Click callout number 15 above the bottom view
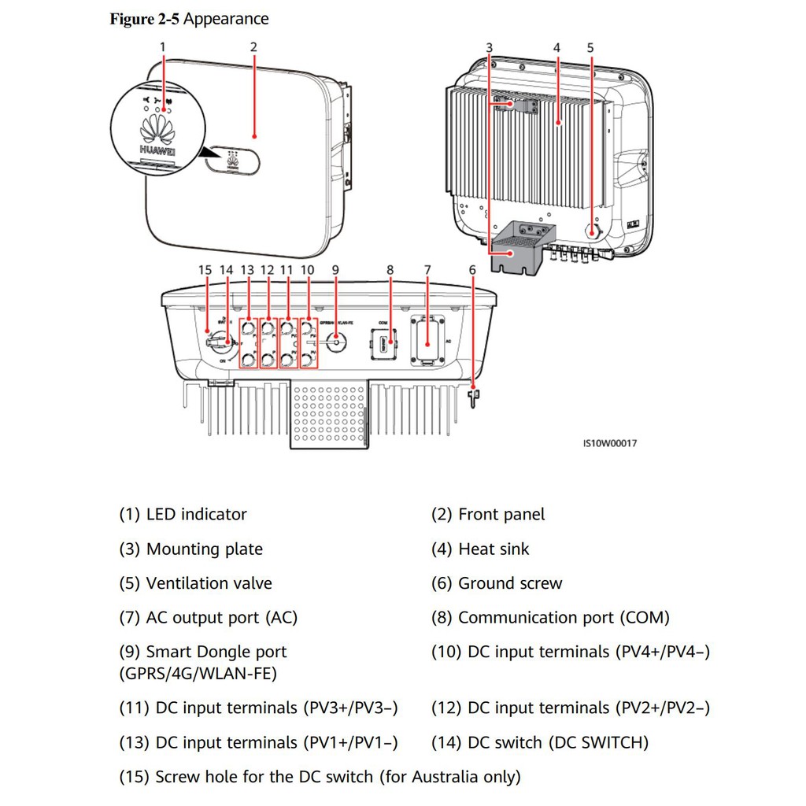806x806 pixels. tap(205, 270)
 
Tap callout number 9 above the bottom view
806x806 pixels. tap(335, 270)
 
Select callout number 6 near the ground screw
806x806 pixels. tap(472, 270)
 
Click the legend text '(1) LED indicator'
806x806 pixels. tap(183, 514)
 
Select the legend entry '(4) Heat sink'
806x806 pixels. tap(480, 549)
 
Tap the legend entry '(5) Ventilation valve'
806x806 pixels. tap(195, 583)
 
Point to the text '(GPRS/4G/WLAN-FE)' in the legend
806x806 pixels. tap(198, 673)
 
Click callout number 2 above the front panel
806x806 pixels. tap(253, 46)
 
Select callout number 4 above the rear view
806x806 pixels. tap(556, 47)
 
